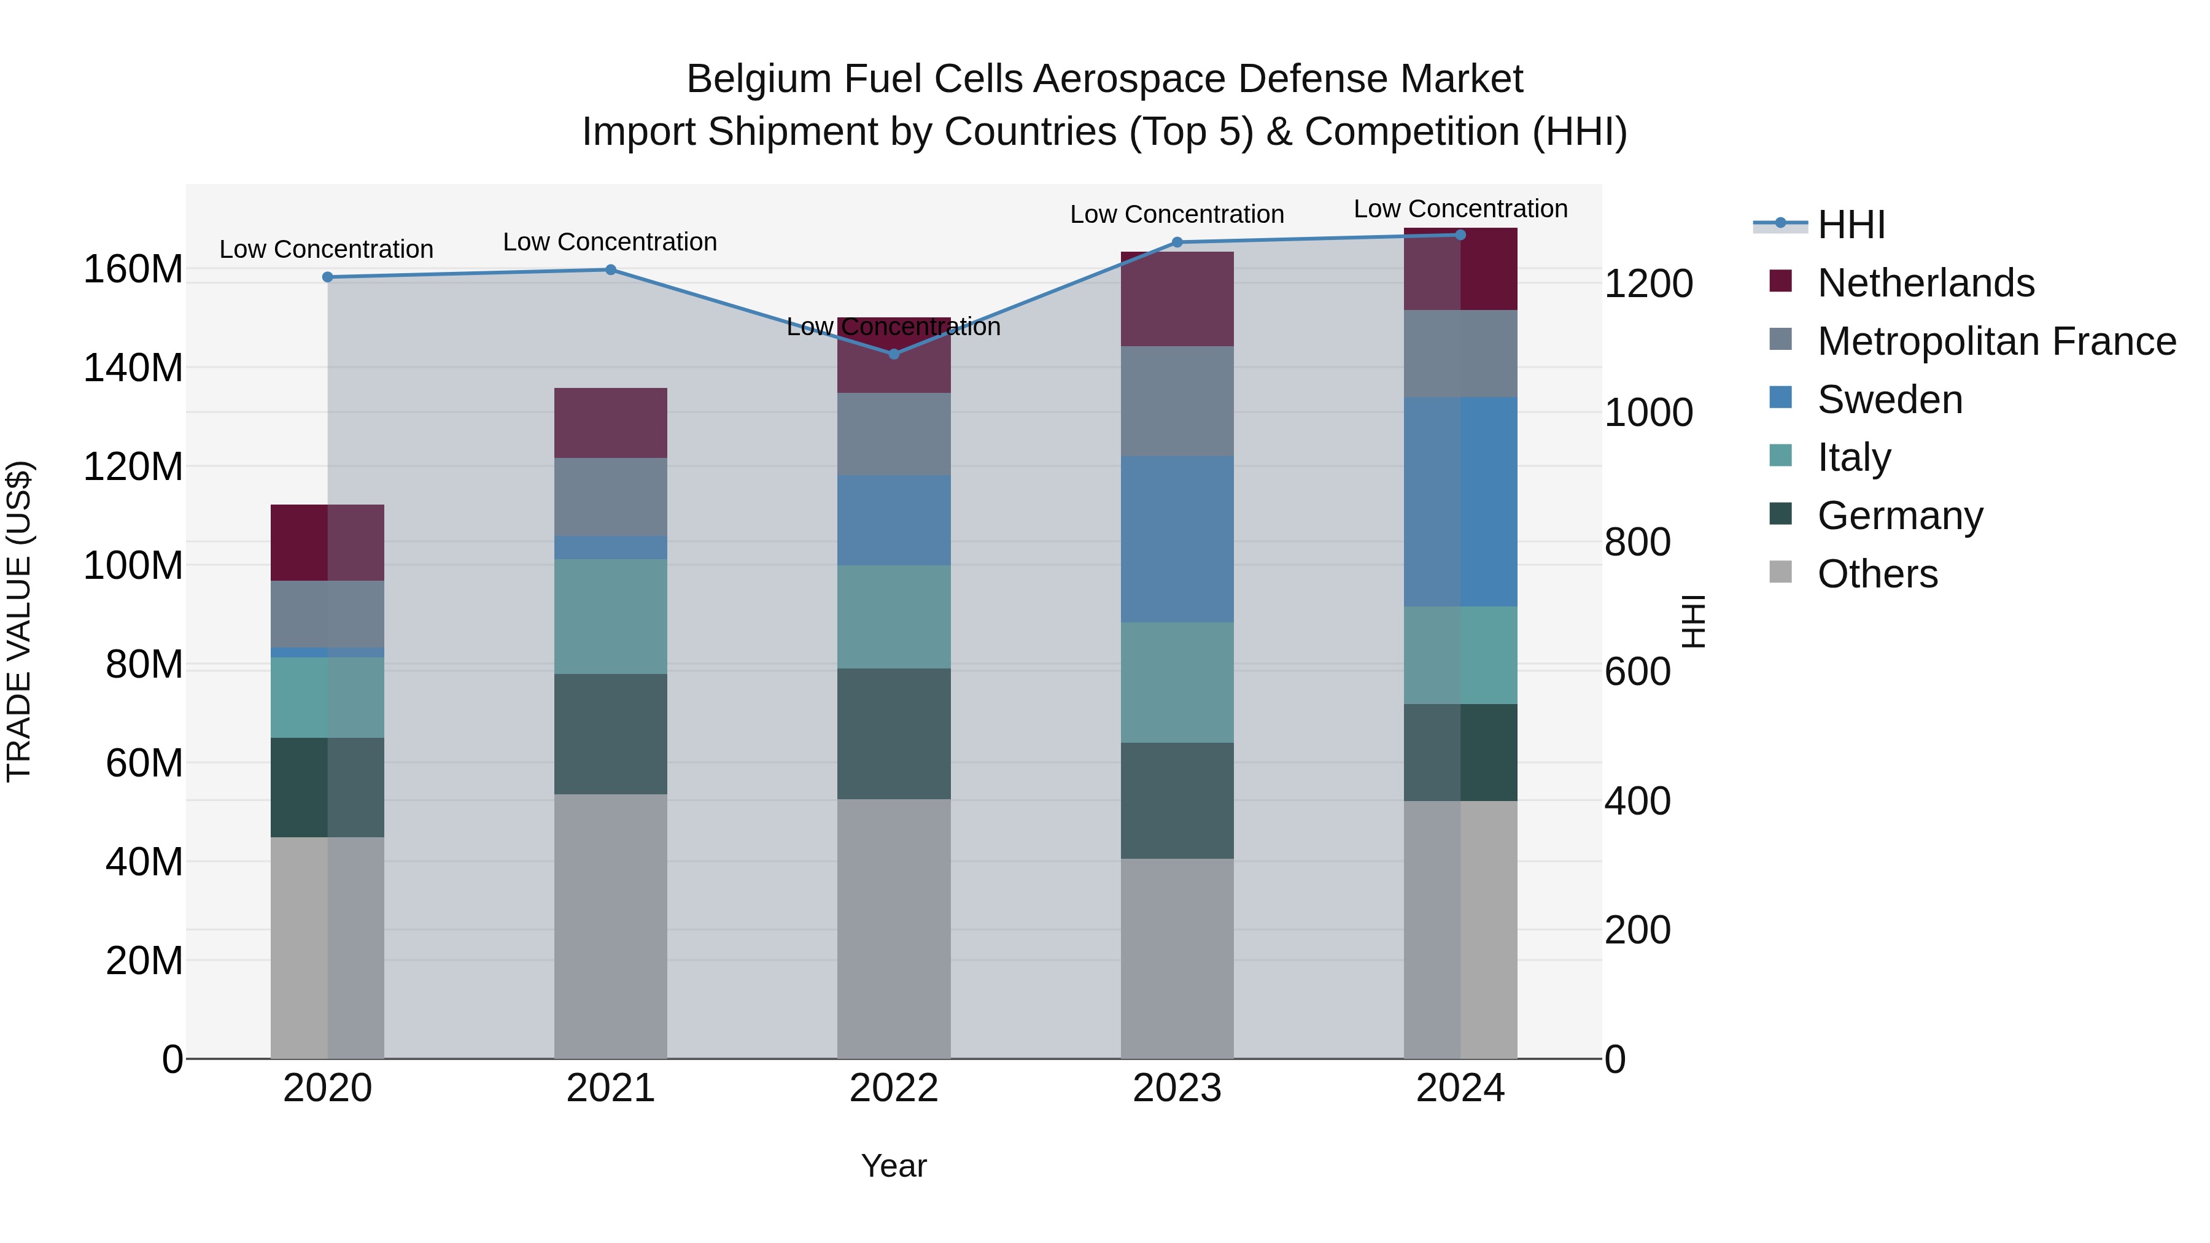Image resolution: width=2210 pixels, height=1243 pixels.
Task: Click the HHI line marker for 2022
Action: [x=893, y=354]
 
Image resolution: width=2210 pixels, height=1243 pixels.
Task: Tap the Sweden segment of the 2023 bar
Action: [x=1176, y=539]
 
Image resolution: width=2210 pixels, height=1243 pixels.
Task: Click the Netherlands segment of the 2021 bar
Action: [x=610, y=422]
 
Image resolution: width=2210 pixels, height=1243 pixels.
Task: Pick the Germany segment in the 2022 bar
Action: [x=893, y=734]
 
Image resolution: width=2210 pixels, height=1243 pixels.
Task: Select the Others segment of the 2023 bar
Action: [x=1176, y=958]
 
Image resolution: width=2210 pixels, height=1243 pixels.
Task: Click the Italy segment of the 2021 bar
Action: [x=610, y=616]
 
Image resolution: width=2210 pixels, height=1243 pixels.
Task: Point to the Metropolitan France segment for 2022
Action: [x=893, y=434]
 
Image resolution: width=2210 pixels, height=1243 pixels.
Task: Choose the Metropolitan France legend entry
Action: [x=1996, y=341]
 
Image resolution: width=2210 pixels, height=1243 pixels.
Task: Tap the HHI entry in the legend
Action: [x=1850, y=225]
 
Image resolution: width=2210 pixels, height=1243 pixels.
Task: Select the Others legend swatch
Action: [x=1780, y=572]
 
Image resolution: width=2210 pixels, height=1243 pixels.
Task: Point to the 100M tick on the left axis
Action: [x=133, y=566]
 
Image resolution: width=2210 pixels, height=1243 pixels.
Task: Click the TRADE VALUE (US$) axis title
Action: [x=19, y=621]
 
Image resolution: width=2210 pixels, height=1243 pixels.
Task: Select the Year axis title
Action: [x=893, y=1166]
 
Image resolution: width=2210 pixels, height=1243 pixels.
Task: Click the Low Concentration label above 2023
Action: [x=1176, y=214]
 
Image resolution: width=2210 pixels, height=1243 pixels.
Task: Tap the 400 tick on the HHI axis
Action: [x=1637, y=801]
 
